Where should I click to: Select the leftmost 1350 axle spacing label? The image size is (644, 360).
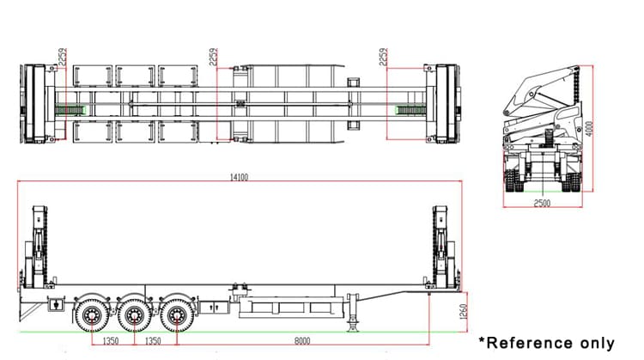point(110,341)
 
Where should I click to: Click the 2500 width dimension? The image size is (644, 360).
point(541,203)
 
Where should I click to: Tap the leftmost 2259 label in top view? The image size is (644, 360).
point(60,60)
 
